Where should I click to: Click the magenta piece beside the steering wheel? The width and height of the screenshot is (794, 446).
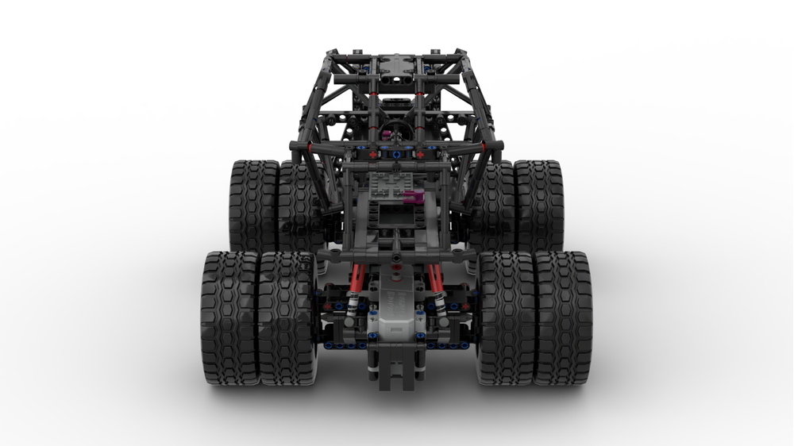pos(387,134)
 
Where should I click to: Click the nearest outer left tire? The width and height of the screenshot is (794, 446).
pos(229,317)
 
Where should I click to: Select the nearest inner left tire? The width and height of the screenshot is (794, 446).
pos(287,317)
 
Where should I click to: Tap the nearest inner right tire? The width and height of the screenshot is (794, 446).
pos(507,317)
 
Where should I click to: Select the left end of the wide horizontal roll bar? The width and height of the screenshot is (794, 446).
pos(295,147)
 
